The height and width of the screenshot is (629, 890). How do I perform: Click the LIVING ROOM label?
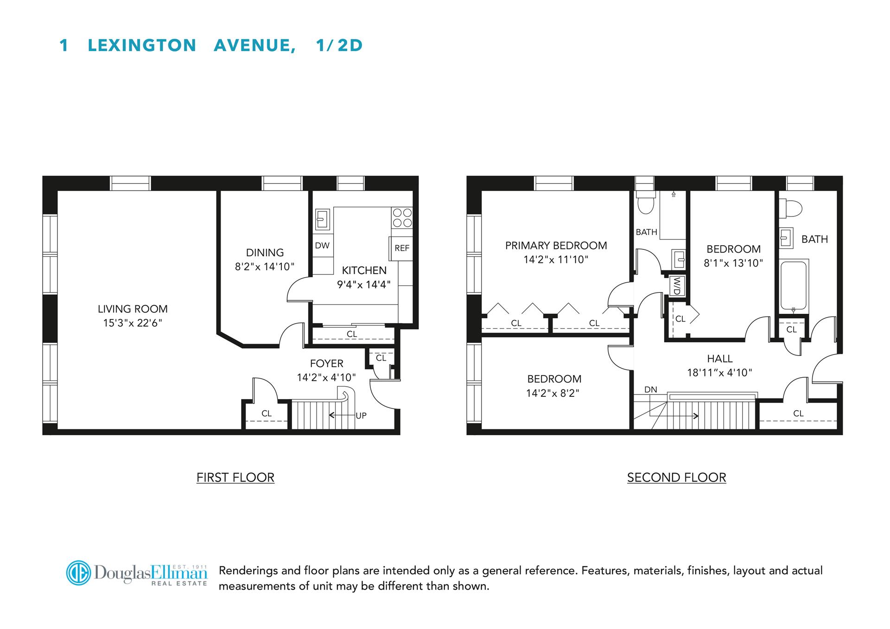click(x=133, y=309)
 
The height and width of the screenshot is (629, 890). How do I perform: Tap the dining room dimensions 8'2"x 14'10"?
click(x=265, y=267)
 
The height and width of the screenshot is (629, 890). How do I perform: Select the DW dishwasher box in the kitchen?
click(x=322, y=246)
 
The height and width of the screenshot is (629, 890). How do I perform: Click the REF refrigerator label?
click(x=402, y=248)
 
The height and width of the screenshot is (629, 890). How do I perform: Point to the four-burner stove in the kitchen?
click(x=402, y=217)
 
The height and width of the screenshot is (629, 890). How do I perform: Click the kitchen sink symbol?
click(x=322, y=219)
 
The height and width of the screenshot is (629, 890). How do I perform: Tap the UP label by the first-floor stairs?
click(x=361, y=415)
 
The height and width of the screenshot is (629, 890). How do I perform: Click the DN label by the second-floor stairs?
click(x=650, y=390)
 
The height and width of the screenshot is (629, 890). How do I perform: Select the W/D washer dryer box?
click(x=677, y=285)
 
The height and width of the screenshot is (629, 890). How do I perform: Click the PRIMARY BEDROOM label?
click(x=556, y=246)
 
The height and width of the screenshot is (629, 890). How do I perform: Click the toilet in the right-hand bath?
click(x=790, y=208)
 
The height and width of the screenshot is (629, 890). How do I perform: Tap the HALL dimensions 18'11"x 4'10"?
click(x=719, y=373)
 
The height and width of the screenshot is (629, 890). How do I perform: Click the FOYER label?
click(x=327, y=363)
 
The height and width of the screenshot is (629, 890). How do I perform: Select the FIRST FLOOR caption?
click(x=235, y=477)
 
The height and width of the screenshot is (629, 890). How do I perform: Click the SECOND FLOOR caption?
click(x=676, y=477)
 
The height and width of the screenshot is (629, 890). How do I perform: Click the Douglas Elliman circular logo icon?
click(x=78, y=573)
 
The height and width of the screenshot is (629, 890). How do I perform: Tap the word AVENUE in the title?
click(x=254, y=45)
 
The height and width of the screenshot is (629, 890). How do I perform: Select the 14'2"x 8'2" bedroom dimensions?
click(x=553, y=394)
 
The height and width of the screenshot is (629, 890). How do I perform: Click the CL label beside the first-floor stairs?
click(x=267, y=413)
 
